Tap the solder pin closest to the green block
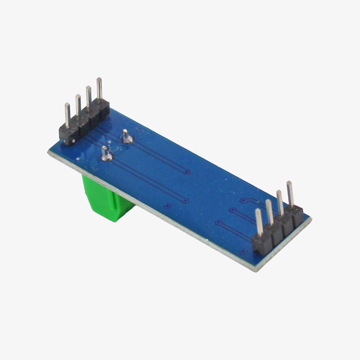(x=106, y=154)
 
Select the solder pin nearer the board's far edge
(x=126, y=136)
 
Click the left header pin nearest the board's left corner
(x=67, y=116)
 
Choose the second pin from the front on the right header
(x=270, y=214)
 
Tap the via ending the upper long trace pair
(x=187, y=171)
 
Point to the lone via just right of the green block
(x=167, y=206)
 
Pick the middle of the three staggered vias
(x=231, y=210)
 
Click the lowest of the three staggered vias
(x=218, y=222)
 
